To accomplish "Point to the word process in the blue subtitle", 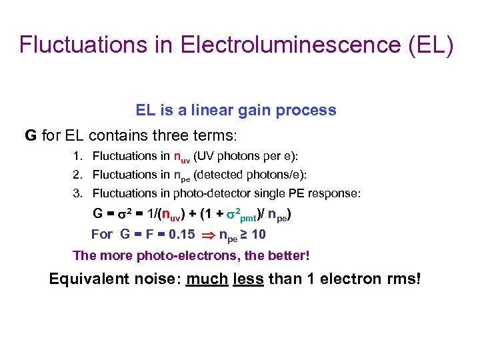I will coord(307,110).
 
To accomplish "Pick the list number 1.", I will coord(77,157).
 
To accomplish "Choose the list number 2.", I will coord(77,175).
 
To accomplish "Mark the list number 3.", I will coord(77,193).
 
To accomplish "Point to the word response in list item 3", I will coord(337,193).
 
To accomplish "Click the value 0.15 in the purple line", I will coord(181,235).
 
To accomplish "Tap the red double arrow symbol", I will coord(207,235).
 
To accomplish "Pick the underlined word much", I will coord(207,279).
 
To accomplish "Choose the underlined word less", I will coord(248,279).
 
